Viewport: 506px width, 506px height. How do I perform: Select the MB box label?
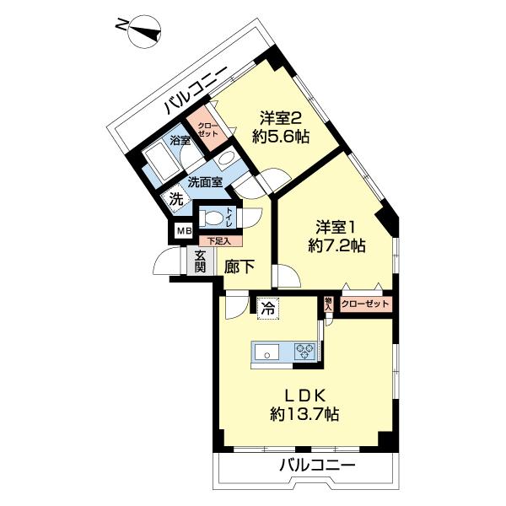coord(183,230)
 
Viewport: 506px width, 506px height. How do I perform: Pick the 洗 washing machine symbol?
coord(175,199)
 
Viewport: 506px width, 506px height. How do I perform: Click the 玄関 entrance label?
coord(200,263)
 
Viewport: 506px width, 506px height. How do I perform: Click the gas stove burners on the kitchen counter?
coord(304,351)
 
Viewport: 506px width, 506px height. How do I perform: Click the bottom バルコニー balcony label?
coord(316,466)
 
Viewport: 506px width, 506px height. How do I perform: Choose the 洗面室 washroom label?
coord(205,181)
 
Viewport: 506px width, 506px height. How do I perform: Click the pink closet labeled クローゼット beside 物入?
coord(366,304)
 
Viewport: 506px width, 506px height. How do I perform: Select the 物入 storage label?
coord(328,304)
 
